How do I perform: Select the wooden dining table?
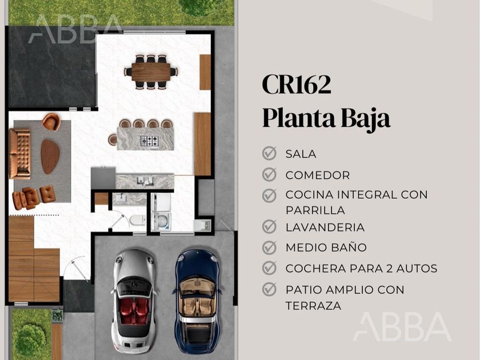[x=151, y=72]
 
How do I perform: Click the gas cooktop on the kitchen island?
[x=150, y=141]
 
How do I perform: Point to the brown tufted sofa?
[x=20, y=154]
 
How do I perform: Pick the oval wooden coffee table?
[x=50, y=157]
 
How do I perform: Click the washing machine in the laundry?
[x=161, y=221]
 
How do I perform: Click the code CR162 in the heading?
[x=297, y=85]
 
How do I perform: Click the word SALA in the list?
[x=301, y=154]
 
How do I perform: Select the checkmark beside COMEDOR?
[x=269, y=174]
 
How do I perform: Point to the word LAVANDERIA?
[x=325, y=227]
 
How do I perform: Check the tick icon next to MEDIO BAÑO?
[x=269, y=247]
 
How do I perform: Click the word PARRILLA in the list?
[x=315, y=210]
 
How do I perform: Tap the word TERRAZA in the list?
[x=314, y=306]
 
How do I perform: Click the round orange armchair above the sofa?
[x=51, y=122]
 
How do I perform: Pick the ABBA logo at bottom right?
[x=402, y=327]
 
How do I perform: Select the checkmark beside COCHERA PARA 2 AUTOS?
[x=269, y=268]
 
